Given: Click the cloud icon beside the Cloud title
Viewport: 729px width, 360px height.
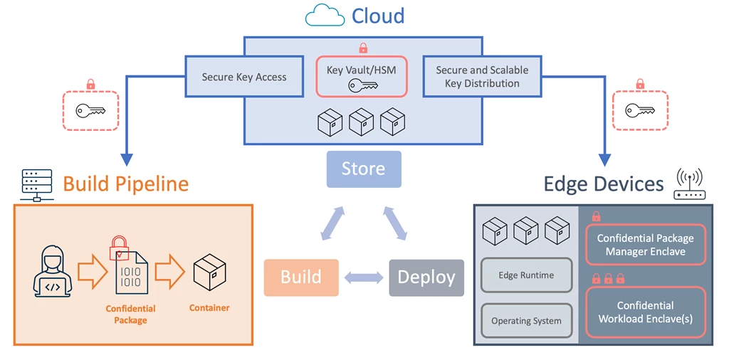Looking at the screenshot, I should (x=325, y=15).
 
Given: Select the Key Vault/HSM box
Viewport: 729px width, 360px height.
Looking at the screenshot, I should (x=362, y=76).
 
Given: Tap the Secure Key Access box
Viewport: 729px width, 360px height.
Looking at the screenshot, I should (x=243, y=77).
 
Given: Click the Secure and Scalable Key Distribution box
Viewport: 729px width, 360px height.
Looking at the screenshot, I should (x=482, y=77).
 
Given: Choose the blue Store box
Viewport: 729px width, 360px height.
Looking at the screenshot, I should (x=364, y=169).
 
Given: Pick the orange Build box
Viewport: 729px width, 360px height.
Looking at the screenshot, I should (x=300, y=277).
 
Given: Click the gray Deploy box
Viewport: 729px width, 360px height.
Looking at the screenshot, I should (x=426, y=277).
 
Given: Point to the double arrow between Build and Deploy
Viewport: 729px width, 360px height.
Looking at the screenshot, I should (x=364, y=277).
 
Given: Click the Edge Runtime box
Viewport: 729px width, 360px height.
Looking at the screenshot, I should (x=526, y=275).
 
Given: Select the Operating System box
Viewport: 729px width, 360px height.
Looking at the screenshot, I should (x=526, y=321).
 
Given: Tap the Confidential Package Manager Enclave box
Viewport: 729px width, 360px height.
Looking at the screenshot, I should (x=645, y=245).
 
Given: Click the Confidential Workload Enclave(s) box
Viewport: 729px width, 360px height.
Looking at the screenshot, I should (x=645, y=312).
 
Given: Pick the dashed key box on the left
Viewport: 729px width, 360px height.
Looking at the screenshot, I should (x=90, y=110).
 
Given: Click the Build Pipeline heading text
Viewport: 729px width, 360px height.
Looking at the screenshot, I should (x=126, y=184).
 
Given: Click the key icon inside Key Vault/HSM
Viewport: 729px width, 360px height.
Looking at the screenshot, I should (x=361, y=86).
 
